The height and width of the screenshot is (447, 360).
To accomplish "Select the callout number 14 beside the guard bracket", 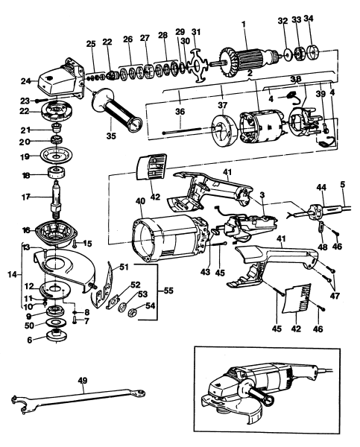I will tap(10, 273).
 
